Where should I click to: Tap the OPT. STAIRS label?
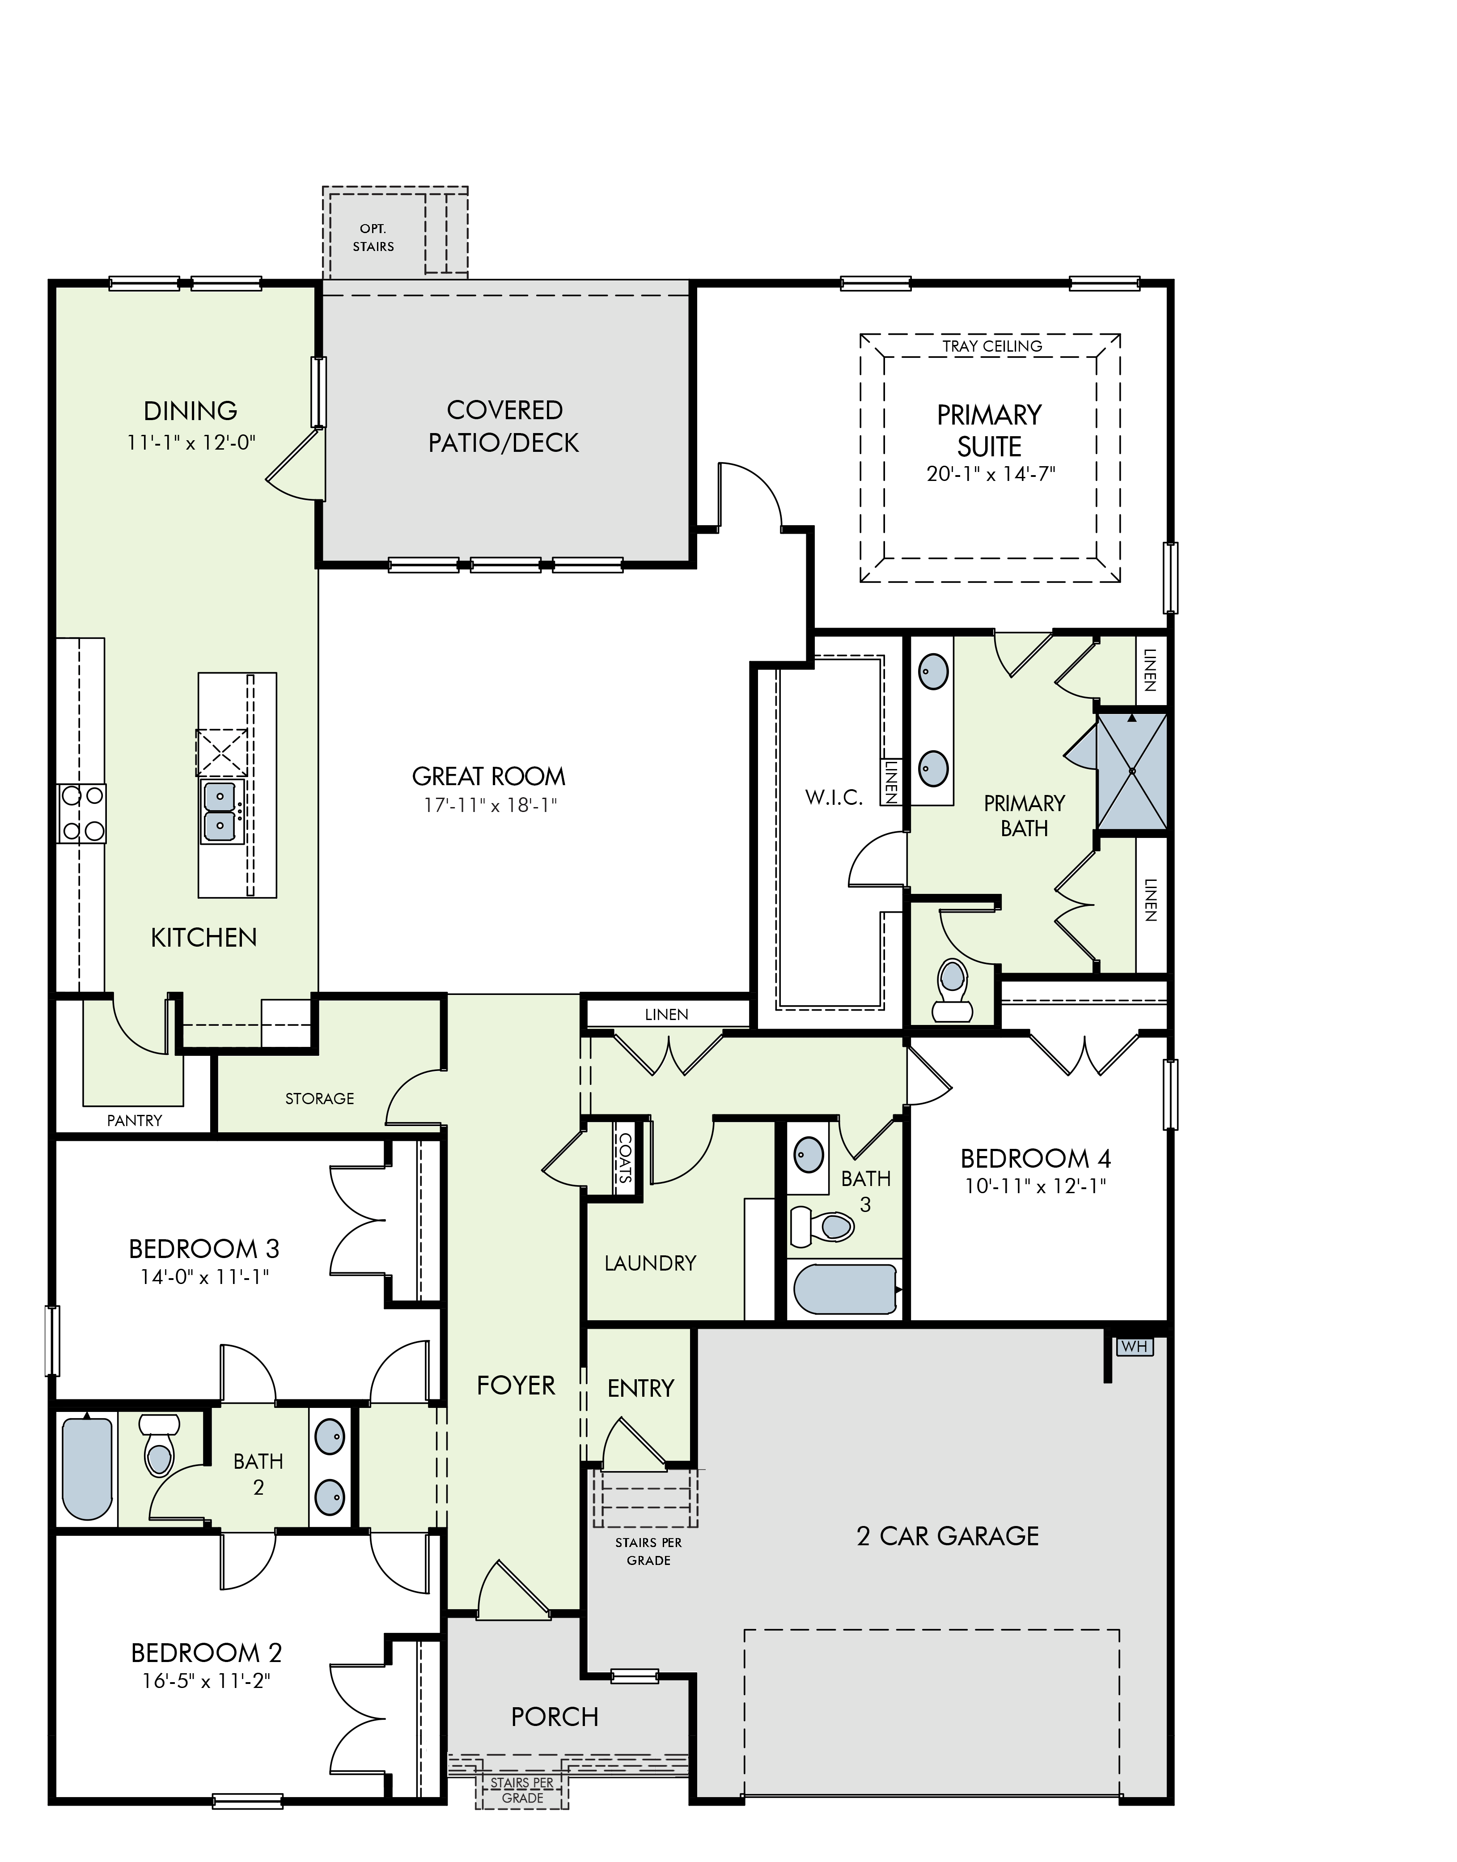click(x=373, y=237)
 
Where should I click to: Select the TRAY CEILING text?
click(x=992, y=346)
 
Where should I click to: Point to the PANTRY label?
click(x=135, y=1120)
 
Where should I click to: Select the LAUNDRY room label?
click(x=650, y=1263)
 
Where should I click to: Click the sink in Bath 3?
click(x=808, y=1156)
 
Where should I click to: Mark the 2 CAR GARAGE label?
click(x=948, y=1536)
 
